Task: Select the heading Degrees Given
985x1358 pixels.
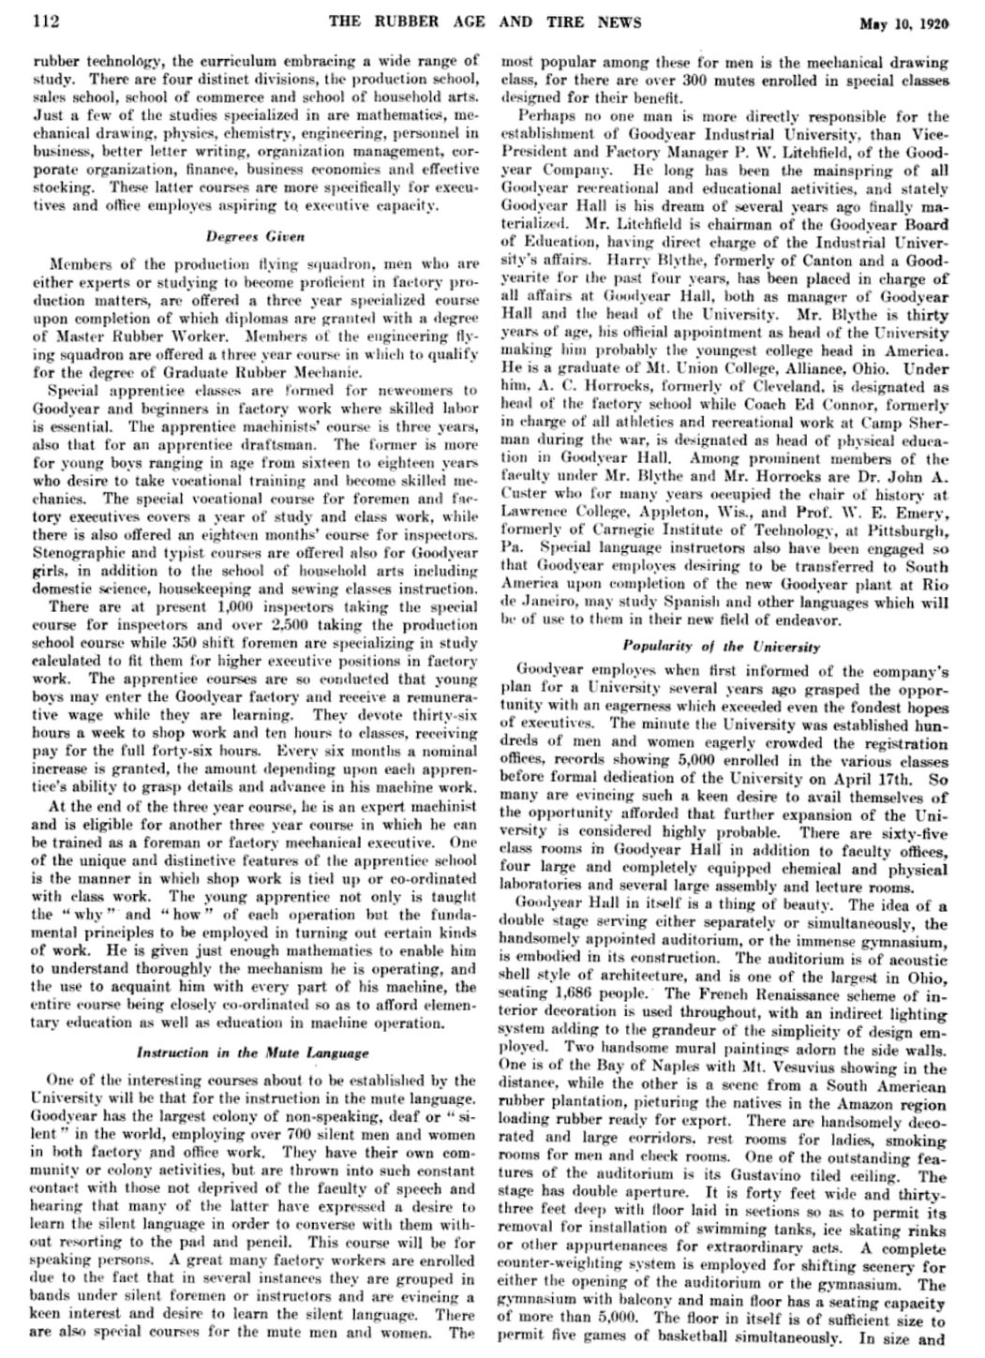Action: [x=256, y=237]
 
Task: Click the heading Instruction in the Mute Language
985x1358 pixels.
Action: [x=253, y=1053]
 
